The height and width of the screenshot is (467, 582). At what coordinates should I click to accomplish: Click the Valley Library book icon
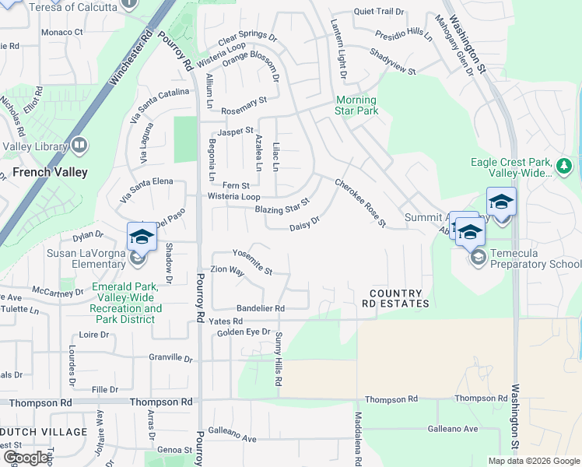(79, 146)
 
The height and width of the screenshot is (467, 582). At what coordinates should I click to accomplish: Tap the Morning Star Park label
(356, 105)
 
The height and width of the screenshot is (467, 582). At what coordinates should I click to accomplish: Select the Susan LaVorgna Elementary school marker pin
(142, 236)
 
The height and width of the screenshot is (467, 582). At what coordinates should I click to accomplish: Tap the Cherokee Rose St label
(360, 203)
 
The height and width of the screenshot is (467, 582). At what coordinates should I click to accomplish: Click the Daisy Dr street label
(304, 224)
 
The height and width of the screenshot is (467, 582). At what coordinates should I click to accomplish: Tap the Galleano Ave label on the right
(452, 429)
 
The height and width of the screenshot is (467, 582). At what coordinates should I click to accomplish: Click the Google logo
(26, 458)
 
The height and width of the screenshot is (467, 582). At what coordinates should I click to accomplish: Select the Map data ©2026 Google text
(534, 461)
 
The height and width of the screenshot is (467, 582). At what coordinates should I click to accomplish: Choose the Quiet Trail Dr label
(379, 12)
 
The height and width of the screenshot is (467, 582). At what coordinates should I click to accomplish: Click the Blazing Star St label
(282, 209)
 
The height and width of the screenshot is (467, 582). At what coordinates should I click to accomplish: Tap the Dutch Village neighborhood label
(44, 432)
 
